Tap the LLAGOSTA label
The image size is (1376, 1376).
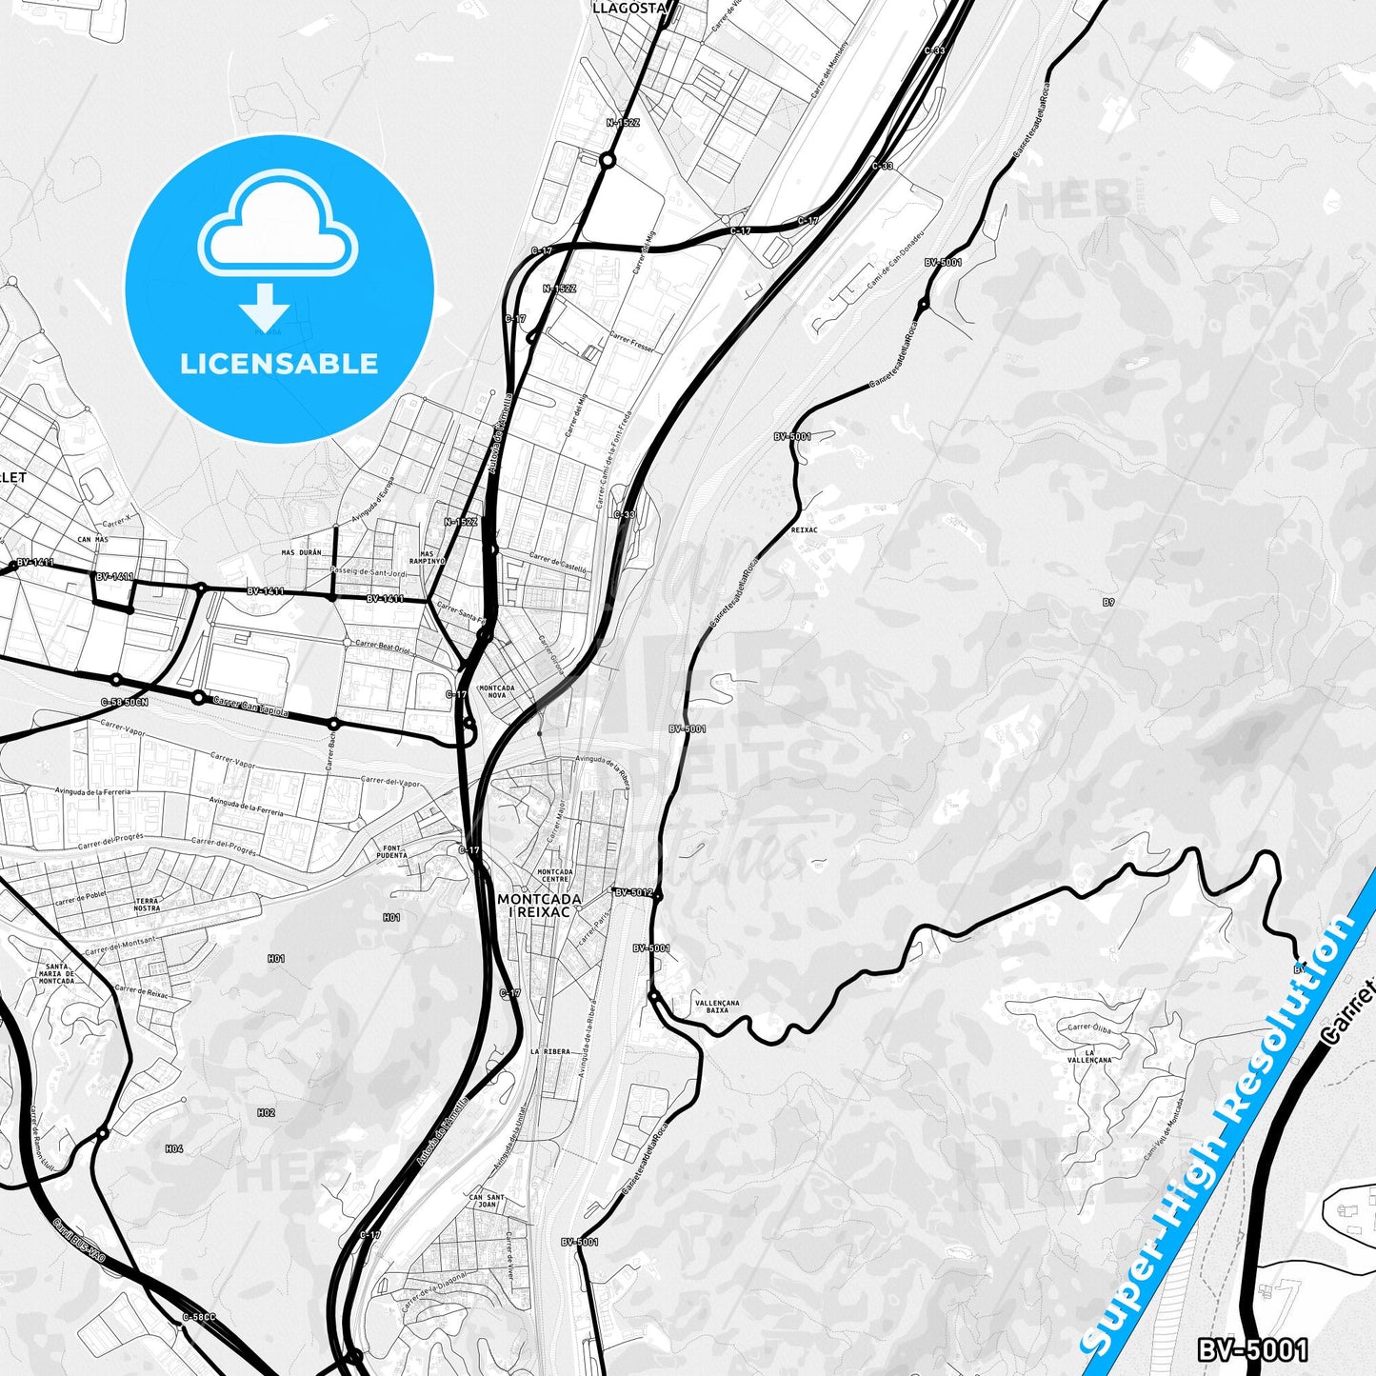coord(628,8)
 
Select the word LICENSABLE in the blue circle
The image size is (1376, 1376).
coord(279,364)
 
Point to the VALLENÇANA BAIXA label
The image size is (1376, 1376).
coord(717,1007)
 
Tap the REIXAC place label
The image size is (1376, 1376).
coord(804,529)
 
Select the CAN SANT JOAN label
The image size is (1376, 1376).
coord(487,1201)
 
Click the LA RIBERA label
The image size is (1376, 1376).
coord(550,1051)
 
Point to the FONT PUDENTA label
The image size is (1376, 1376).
coord(392,851)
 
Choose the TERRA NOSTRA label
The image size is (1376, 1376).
coord(147,905)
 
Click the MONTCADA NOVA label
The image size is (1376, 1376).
coord(497,691)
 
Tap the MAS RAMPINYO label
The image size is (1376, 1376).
coord(427,557)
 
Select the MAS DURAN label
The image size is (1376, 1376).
coord(302,552)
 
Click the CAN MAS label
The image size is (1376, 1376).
coord(92,540)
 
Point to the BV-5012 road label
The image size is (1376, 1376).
coord(633,892)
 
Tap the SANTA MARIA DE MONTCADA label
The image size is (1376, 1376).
coord(56,974)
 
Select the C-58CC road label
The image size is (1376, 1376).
coord(199,1317)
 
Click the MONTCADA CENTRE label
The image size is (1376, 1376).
coord(555,875)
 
